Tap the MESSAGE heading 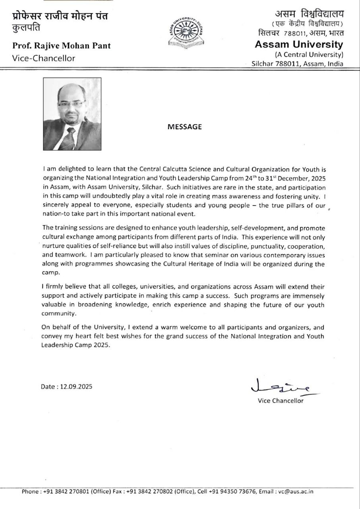coord(184,127)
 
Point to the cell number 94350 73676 coord(236,492)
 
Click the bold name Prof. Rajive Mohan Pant coord(62,46)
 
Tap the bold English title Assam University coord(298,44)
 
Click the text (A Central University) coord(309,54)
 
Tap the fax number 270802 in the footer coord(157,492)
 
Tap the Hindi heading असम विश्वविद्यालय coord(306,14)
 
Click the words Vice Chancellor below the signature coord(281,400)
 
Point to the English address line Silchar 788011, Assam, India coord(298,64)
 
